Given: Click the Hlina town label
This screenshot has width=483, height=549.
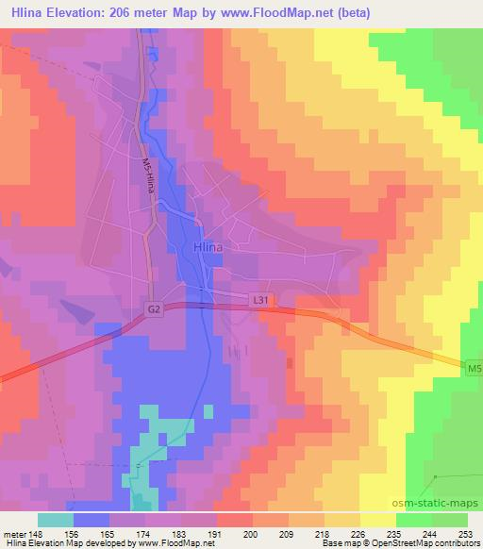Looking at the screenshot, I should [207, 247].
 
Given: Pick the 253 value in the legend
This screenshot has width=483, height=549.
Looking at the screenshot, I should [466, 534].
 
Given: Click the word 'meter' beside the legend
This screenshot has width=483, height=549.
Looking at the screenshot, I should [12, 534].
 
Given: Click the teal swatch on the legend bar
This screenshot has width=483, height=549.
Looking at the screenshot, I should [56, 521].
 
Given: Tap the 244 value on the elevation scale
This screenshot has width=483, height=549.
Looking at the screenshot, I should [431, 534].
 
